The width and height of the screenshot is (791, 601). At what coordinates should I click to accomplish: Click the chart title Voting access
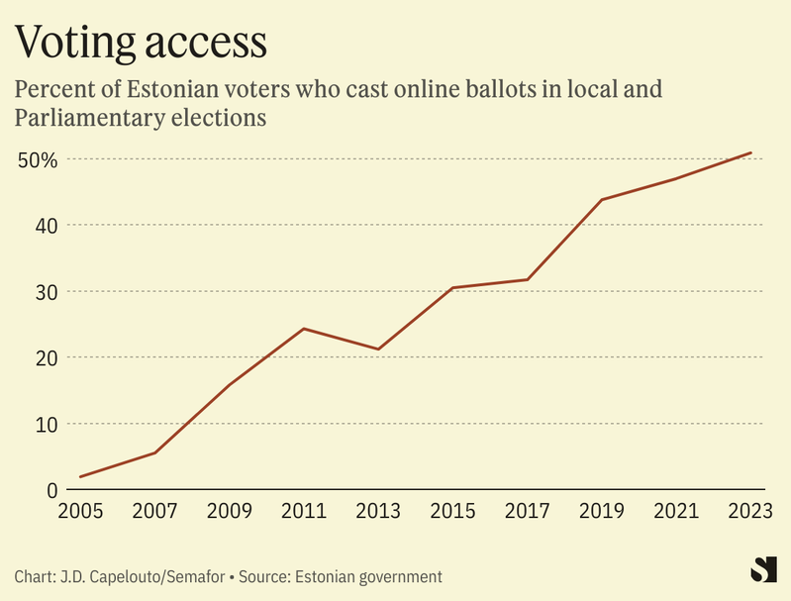click(x=141, y=42)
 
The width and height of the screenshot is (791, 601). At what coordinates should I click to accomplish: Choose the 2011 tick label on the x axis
click(x=303, y=512)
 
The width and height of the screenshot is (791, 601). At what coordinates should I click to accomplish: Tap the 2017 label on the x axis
click(x=527, y=512)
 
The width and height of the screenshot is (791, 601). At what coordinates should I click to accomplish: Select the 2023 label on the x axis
click(x=751, y=512)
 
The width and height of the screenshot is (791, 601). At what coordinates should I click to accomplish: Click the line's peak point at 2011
click(x=304, y=329)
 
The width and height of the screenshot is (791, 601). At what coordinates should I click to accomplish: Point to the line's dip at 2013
click(x=378, y=349)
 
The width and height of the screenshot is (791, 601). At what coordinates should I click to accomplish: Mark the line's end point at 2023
click(x=751, y=152)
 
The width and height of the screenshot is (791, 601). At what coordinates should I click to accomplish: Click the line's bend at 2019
click(x=602, y=200)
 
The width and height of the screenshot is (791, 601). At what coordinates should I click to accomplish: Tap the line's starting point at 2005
click(x=80, y=476)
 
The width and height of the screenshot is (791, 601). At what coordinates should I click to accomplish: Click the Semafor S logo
click(x=762, y=569)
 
